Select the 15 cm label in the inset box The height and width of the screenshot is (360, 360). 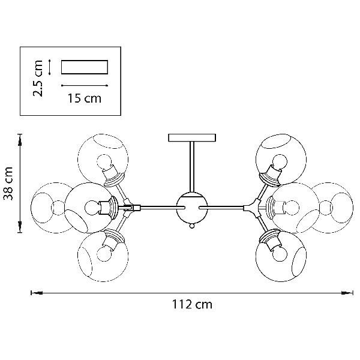(x=84, y=98)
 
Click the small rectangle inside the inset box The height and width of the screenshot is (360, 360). (x=84, y=67)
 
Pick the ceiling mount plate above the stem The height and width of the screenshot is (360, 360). (x=193, y=137)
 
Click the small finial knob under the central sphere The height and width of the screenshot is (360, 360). (x=192, y=226)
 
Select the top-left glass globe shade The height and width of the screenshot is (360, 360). (x=103, y=157)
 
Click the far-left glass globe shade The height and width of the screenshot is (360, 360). (x=49, y=207)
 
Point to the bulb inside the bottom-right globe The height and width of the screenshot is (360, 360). (x=278, y=251)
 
